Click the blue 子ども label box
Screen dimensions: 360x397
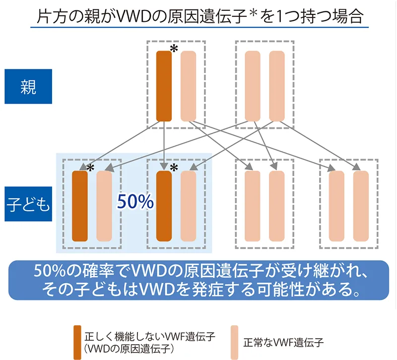[28, 204]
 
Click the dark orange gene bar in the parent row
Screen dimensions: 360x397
[164, 85]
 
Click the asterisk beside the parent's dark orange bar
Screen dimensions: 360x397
[174, 49]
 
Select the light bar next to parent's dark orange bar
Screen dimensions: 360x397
[188, 85]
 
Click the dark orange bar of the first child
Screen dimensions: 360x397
[80, 206]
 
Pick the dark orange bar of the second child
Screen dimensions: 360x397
[164, 206]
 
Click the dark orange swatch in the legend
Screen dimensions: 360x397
[77, 342]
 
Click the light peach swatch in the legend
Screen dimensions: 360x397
[235, 342]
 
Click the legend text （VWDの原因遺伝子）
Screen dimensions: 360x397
[128, 348]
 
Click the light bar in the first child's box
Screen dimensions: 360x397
[104, 206]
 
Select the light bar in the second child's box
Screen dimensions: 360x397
[188, 206]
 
